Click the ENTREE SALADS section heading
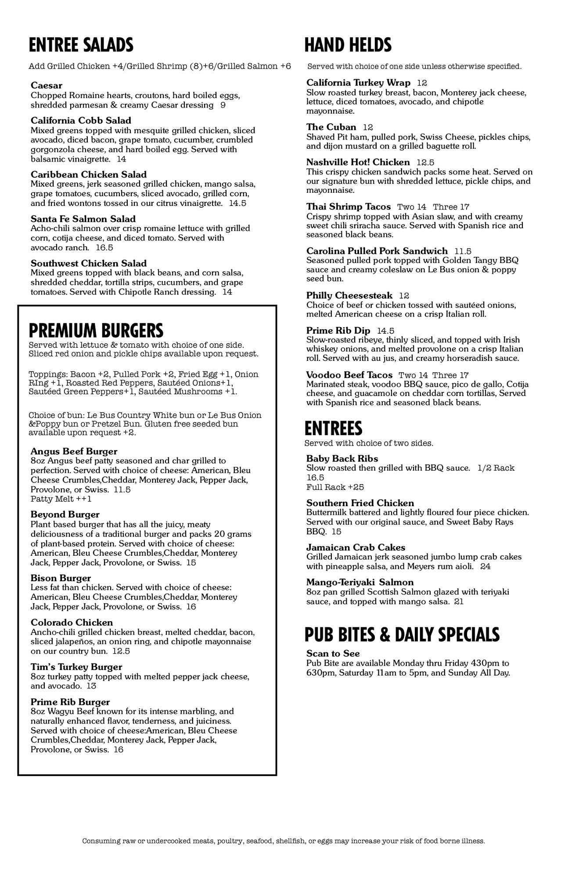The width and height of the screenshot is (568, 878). [x=81, y=45]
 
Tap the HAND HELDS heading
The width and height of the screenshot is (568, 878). [x=348, y=45]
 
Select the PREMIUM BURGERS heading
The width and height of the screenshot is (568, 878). [x=96, y=330]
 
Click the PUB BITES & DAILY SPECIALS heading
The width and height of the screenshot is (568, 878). [x=402, y=635]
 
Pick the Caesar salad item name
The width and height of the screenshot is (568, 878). [x=47, y=86]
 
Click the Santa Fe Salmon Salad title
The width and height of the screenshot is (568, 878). [x=83, y=219]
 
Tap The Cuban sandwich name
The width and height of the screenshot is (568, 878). [x=331, y=127]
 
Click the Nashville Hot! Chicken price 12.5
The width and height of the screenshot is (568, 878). [x=425, y=162]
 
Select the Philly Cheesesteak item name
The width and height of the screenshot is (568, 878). [x=349, y=295]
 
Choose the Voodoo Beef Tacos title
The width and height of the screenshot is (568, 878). [x=349, y=375]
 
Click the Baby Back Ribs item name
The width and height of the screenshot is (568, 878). [x=342, y=459]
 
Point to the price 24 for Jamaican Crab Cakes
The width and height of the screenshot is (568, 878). [x=485, y=566]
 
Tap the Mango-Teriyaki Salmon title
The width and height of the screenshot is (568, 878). [x=360, y=583]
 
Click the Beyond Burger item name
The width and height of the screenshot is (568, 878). [x=65, y=515]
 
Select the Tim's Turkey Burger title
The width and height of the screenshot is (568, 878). [x=76, y=667]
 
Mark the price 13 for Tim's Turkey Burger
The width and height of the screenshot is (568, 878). [x=91, y=686]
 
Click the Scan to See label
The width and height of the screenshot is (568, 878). [x=333, y=654]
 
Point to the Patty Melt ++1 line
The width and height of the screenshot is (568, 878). [x=61, y=499]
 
